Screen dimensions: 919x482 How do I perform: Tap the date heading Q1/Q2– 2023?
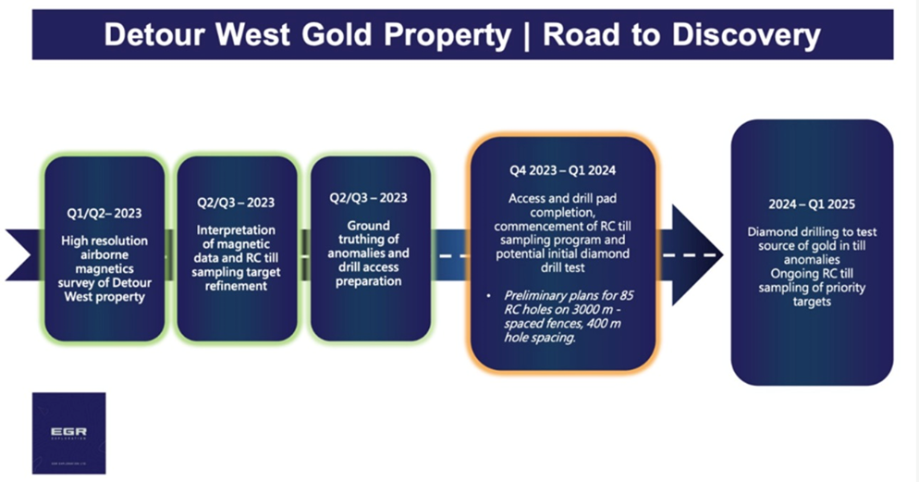click(104, 213)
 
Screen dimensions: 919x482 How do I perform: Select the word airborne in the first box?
click(104, 254)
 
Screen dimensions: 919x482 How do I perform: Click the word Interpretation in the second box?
click(236, 230)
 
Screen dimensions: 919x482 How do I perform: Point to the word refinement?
click(236, 286)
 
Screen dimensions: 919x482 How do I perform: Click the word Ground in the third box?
click(368, 226)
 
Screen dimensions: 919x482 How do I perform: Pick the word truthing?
click(361, 240)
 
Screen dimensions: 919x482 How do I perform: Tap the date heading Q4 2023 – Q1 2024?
click(563, 170)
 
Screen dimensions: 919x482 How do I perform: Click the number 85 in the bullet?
click(625, 295)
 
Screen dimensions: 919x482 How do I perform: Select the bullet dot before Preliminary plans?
click(489, 296)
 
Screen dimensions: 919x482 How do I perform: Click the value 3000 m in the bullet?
click(590, 310)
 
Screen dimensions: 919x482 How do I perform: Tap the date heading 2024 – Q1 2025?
click(812, 204)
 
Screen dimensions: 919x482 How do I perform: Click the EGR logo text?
click(68, 432)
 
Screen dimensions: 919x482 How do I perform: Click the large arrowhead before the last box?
click(695, 255)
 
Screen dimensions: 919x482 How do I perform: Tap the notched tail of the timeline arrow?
click(22, 255)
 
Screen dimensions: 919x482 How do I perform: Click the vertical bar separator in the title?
click(527, 36)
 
